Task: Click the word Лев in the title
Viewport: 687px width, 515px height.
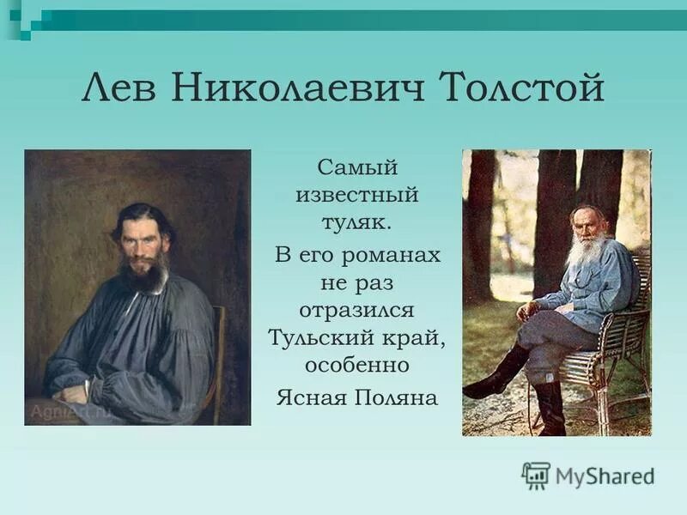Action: coord(122,90)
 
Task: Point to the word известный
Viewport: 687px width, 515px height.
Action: coord(357,194)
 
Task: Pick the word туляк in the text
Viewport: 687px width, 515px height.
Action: coord(355,223)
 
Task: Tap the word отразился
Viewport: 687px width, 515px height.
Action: coord(357,308)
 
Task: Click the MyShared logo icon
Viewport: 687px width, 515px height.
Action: coord(536,475)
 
